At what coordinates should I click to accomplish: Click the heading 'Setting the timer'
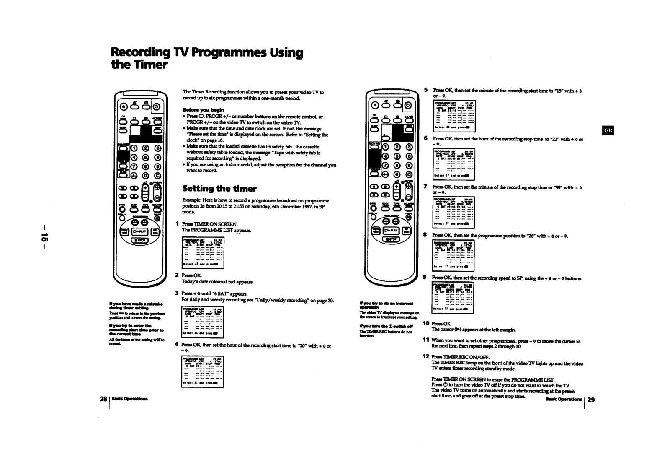click(219, 189)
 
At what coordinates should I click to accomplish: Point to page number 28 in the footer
click(103, 399)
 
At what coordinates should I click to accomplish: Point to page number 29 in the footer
click(591, 400)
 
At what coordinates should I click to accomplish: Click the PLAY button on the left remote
click(140, 231)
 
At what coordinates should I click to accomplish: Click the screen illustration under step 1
click(203, 252)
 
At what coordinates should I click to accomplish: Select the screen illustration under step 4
click(203, 371)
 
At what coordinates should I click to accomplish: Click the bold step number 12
click(426, 356)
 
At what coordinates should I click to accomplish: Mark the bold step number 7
click(425, 186)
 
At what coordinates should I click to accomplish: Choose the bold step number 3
click(177, 293)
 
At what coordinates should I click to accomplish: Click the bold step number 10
click(426, 323)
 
